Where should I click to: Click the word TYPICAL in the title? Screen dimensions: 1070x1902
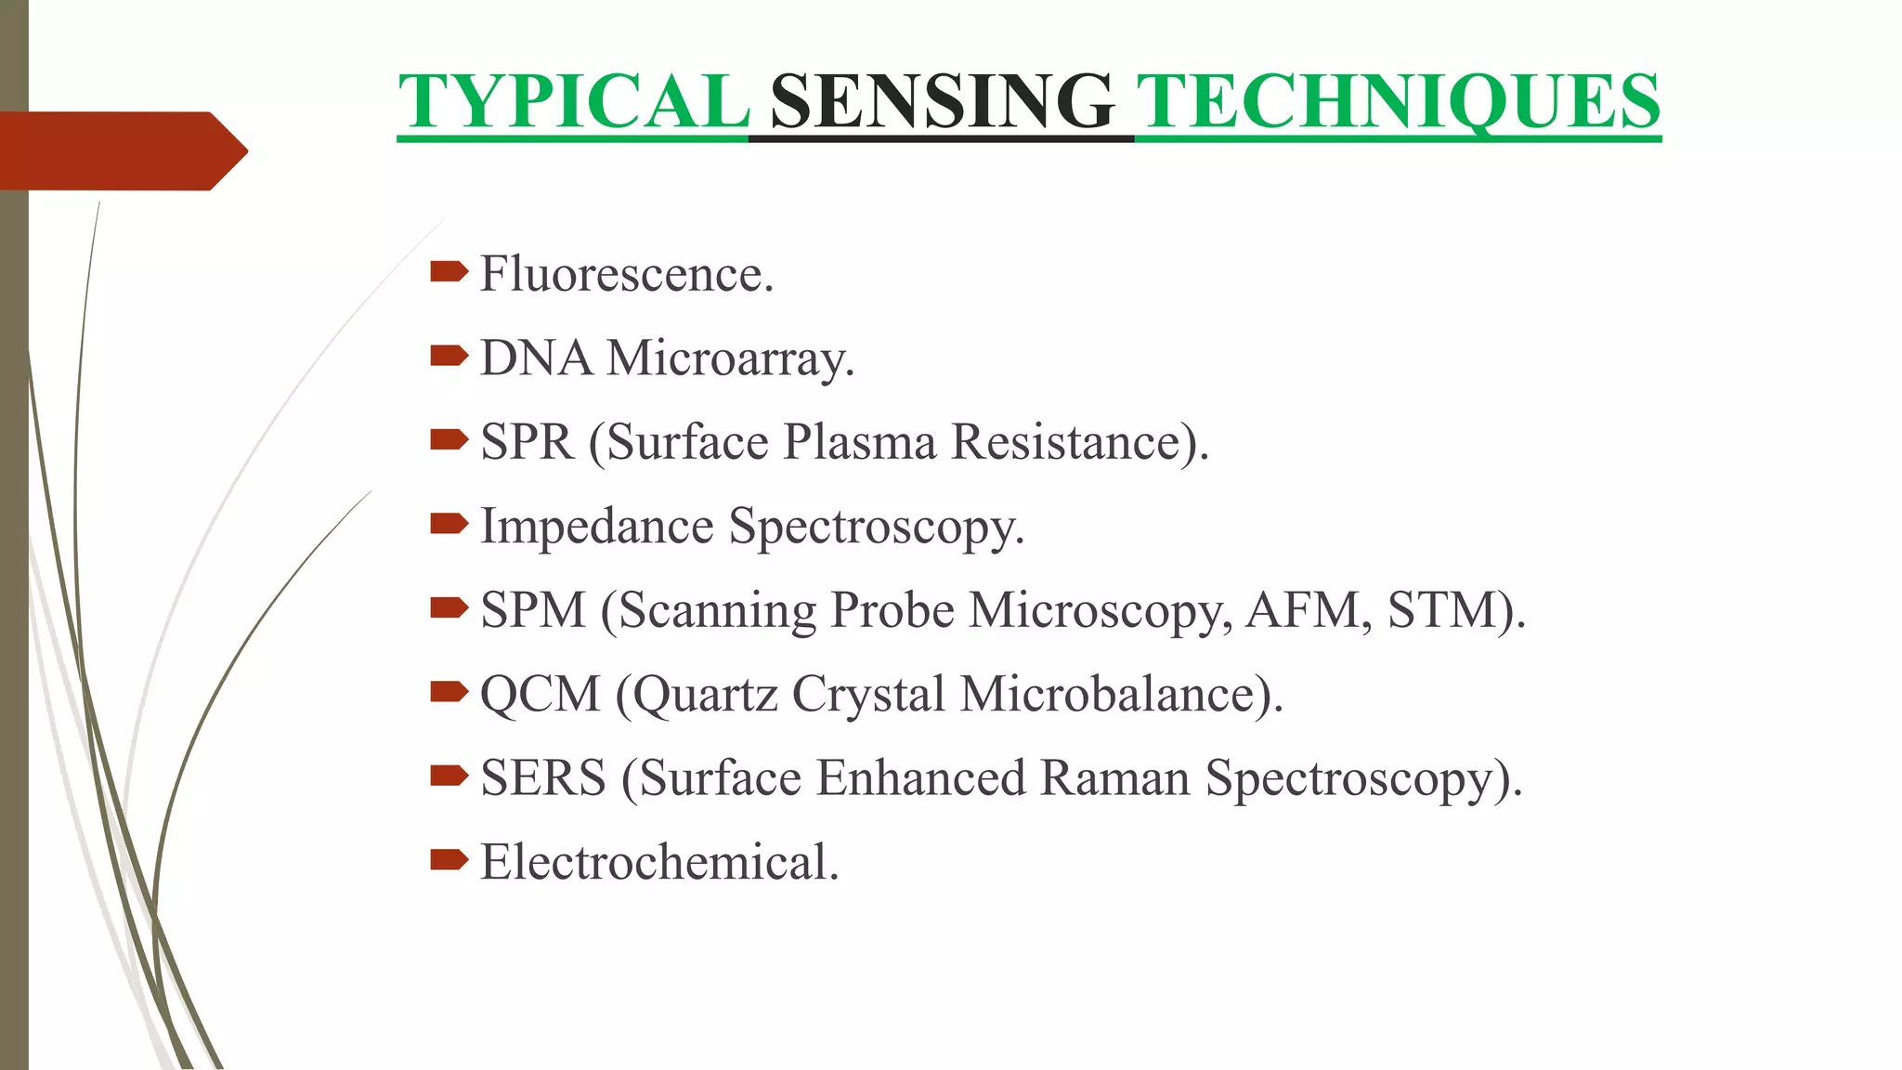[573, 101]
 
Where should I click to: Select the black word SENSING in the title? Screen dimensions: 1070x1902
[942, 101]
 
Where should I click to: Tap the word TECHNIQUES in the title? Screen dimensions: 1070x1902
[1399, 101]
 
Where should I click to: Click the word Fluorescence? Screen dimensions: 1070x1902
[626, 275]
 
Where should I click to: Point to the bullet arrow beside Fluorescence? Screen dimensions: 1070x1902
[449, 271]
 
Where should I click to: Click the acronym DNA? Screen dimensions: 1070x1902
[536, 359]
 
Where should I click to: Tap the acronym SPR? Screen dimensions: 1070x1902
[527, 442]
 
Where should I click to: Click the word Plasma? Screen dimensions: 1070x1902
[859, 442]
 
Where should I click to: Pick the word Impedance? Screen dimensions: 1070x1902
[596, 527]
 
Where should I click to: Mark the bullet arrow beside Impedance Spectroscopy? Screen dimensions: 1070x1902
[449, 524]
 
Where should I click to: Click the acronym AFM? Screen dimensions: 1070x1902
[1302, 611]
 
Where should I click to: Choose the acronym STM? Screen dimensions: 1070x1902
[1444, 611]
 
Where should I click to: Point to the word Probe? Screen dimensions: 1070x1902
[892, 611]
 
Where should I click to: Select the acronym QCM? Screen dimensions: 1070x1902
[541, 695]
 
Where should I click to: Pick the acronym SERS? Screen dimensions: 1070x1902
[542, 778]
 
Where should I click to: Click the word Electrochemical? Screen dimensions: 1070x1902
[658, 862]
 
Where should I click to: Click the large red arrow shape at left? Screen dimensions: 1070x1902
[121, 150]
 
